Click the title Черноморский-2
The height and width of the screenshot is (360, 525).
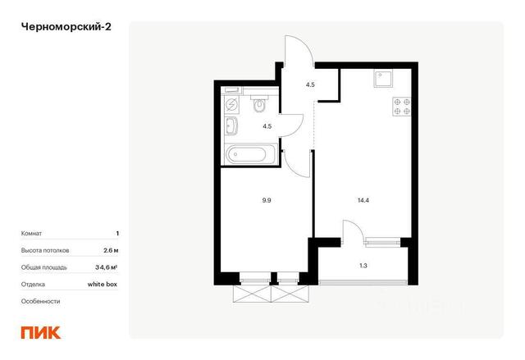click(x=66, y=27)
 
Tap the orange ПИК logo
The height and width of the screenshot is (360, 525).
click(x=41, y=332)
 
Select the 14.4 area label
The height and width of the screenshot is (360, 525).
click(x=363, y=200)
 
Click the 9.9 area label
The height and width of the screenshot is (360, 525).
click(x=267, y=200)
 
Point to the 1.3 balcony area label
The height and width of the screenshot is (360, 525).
click(x=363, y=266)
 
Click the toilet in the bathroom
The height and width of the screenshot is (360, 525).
click(x=259, y=103)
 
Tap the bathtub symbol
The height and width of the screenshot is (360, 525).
click(x=250, y=154)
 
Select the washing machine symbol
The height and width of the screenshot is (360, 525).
click(x=231, y=105)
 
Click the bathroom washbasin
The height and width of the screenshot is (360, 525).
click(x=231, y=126)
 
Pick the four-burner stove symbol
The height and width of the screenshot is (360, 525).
click(x=402, y=107)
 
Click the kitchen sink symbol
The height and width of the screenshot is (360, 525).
click(x=383, y=79)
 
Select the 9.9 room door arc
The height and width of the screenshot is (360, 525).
click(x=292, y=170)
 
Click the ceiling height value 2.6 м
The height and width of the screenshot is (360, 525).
click(x=111, y=250)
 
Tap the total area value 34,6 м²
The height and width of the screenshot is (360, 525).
click(x=106, y=267)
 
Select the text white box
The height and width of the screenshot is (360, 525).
click(x=103, y=284)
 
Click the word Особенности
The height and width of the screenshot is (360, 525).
click(x=40, y=301)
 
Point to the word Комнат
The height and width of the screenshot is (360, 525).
click(x=31, y=234)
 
